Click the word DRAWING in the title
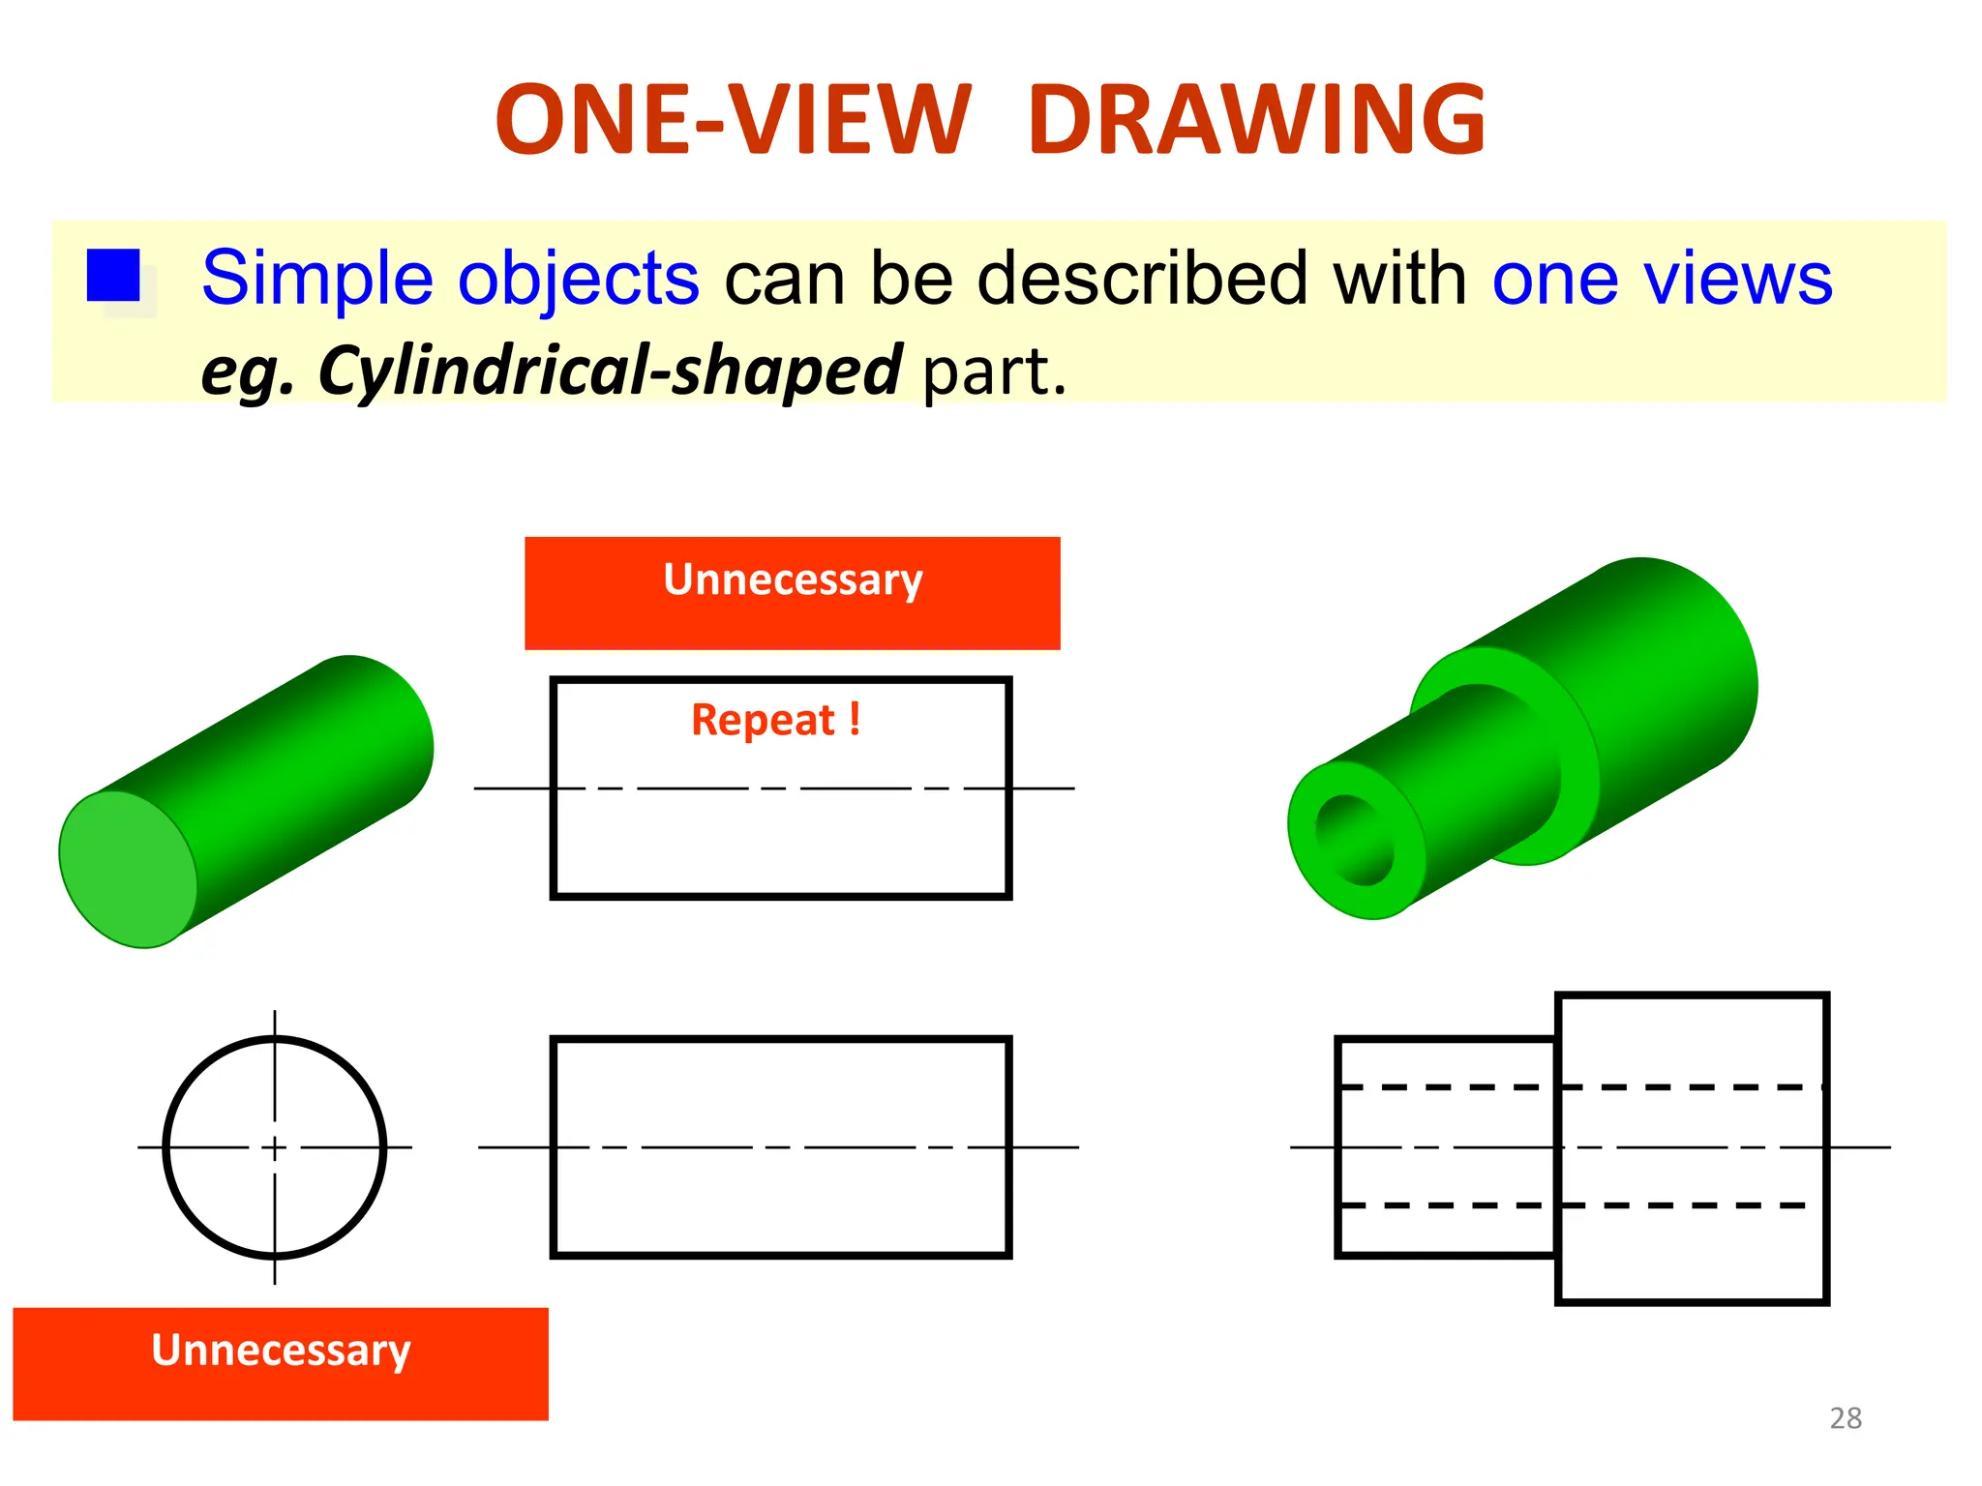point(1256,120)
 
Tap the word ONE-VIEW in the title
point(732,120)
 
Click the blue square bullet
point(113,276)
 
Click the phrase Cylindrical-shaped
point(610,371)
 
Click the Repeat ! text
point(775,720)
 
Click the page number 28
point(1846,1418)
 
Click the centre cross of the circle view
point(275,1147)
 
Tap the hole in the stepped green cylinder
point(1355,839)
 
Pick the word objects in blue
point(578,279)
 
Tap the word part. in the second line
point(994,371)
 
